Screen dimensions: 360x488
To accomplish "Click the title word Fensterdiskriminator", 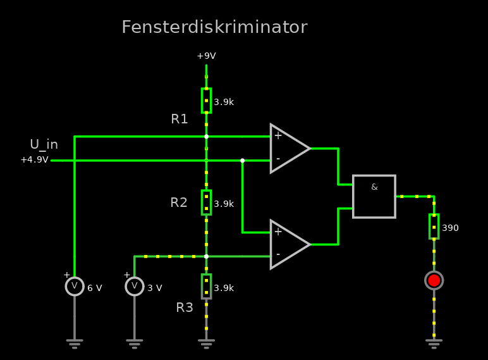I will (214, 27).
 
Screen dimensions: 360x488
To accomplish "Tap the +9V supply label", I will (206, 56).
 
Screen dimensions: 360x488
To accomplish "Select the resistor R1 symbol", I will (206, 101).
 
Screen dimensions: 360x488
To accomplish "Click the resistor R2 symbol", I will (206, 202).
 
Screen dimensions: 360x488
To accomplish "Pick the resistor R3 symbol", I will (206, 286).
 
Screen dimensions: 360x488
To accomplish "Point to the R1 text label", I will (180, 119).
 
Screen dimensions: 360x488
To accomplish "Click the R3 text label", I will (185, 307).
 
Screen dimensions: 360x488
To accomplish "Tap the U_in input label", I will (44, 144).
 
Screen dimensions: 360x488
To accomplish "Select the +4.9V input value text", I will (34, 160).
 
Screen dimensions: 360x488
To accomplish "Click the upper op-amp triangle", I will (288, 149).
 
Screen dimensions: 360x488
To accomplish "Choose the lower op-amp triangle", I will (288, 244).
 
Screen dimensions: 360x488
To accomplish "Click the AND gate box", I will (374, 196).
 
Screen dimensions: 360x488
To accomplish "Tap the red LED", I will (434, 280).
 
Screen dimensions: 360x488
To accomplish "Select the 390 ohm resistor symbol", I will (434, 227).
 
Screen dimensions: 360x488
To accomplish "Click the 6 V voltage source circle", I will (75, 287).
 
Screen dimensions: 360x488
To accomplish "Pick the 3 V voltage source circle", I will (134, 287).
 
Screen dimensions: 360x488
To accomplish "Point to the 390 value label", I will (450, 228).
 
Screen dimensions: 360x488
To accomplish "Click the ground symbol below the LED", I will (434, 343).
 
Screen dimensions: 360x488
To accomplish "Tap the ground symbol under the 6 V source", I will (75, 343).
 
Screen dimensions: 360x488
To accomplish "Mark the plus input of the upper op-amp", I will (278, 136).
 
